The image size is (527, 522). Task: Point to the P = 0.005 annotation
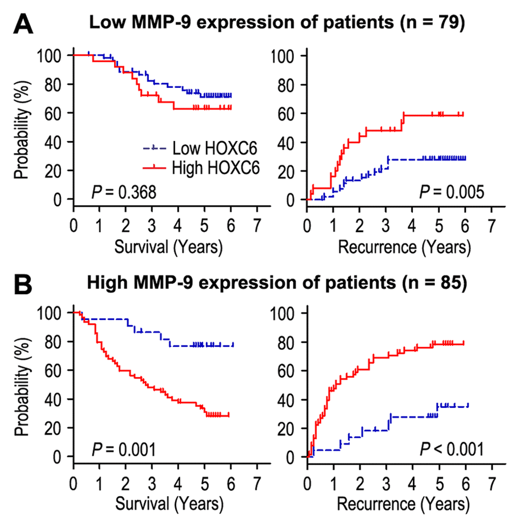pos(452,193)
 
